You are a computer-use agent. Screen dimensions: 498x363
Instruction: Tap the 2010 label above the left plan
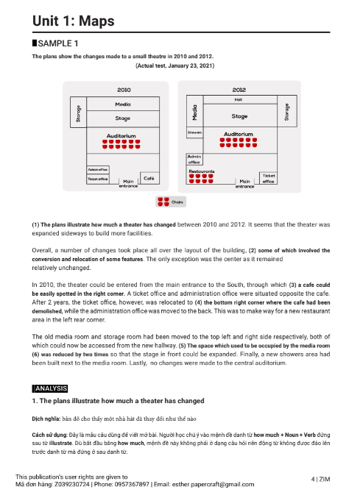click(x=124, y=89)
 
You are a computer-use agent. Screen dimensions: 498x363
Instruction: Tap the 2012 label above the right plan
click(x=239, y=89)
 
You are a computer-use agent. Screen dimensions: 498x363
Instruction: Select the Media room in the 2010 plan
click(x=123, y=104)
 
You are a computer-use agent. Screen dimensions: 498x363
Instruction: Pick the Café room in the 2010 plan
click(x=149, y=178)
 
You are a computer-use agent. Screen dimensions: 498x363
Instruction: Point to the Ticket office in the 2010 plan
click(x=98, y=178)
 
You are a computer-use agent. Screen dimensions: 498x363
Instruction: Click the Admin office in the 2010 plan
click(x=98, y=168)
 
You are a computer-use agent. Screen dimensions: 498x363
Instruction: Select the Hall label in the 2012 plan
click(x=239, y=98)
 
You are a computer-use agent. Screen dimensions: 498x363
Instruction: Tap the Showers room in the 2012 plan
click(x=194, y=132)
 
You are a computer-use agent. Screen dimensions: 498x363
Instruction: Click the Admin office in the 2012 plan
click(x=195, y=160)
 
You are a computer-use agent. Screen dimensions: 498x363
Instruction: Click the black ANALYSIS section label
click(x=50, y=388)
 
